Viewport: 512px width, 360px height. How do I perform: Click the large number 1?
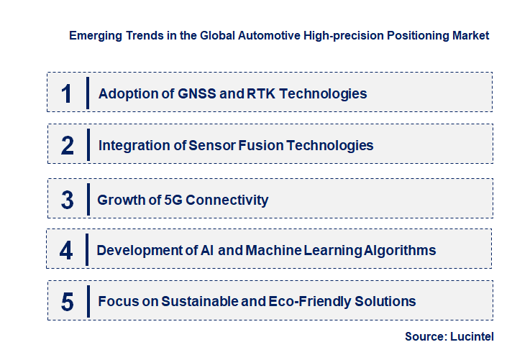tap(67, 93)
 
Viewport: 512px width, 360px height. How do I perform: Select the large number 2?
tap(68, 145)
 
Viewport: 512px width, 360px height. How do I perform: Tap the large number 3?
tap(67, 200)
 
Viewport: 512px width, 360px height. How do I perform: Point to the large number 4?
tap(66, 250)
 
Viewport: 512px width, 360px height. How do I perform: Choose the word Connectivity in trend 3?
tap(227, 200)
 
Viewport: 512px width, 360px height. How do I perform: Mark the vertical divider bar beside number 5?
tap(88, 300)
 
